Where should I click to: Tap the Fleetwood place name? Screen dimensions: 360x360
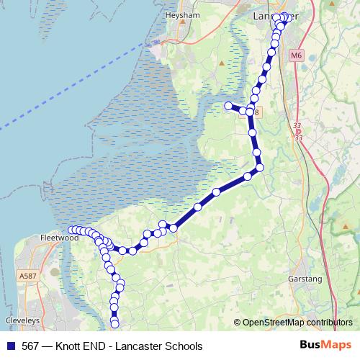pyautogui.click(x=58, y=237)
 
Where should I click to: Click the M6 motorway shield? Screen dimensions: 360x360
pyautogui.click(x=297, y=55)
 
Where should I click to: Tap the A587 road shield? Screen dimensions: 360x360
pyautogui.click(x=29, y=276)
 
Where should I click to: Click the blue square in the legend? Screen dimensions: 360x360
pyautogui.click(x=9, y=346)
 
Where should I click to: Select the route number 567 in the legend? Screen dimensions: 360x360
pyautogui.click(x=30, y=346)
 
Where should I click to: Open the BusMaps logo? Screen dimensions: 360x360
pyautogui.click(x=326, y=346)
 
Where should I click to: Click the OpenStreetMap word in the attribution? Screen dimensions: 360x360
pyautogui.click(x=276, y=323)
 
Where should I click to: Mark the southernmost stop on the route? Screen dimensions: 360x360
pyautogui.click(x=114, y=323)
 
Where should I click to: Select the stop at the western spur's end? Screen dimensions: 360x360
pyautogui.click(x=229, y=106)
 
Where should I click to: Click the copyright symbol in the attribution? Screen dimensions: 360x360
pyautogui.click(x=238, y=323)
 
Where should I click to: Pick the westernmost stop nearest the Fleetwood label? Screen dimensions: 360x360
pyautogui.click(x=71, y=230)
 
